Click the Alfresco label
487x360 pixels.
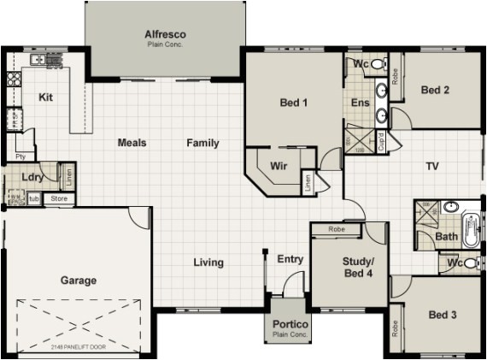coord(165,34)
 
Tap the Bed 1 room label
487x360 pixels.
coord(293,103)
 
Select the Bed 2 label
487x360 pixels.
coord(435,90)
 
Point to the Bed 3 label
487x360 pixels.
coord(443,315)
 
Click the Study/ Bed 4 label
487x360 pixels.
coord(358,267)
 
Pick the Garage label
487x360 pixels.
coord(78,280)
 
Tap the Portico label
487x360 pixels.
coord(290,325)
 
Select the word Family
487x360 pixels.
coord(202,143)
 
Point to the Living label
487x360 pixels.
coord(208,262)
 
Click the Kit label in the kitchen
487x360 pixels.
coord(46,97)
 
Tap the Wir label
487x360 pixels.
coord(278,165)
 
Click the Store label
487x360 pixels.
coord(58,199)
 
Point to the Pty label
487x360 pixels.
coord(20,156)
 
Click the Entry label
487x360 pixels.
coord(290,259)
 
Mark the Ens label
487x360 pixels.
coord(360,103)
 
